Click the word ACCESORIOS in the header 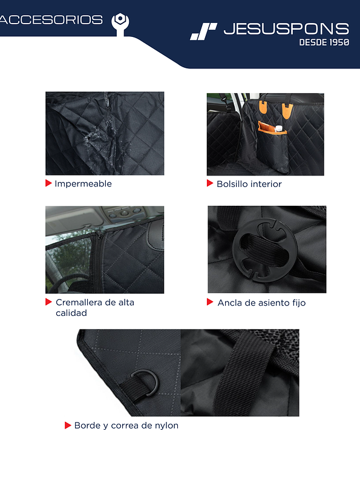[51, 20]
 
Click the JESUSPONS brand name [286, 28]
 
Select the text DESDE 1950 [324, 43]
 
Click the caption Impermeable [83, 184]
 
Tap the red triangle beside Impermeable [48, 183]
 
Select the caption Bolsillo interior [249, 184]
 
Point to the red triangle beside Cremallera [48, 301]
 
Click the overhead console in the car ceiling [124, 213]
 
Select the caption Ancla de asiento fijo [261, 303]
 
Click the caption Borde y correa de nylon [126, 426]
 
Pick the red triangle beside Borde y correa [68, 425]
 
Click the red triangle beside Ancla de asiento [210, 301]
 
